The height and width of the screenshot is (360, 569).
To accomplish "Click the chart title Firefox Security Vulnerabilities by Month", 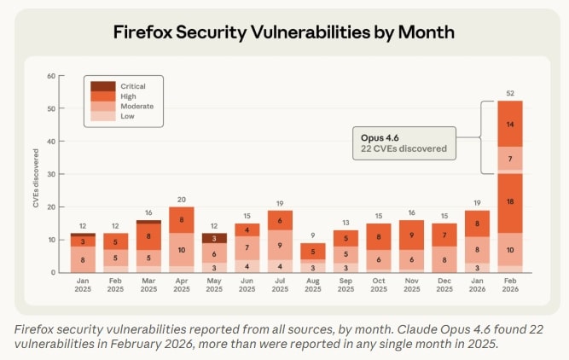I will (284, 32).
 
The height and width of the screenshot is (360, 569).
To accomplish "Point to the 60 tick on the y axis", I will (51, 76).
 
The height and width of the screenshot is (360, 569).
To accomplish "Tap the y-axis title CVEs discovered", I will (37, 175).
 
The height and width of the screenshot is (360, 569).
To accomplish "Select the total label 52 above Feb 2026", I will (509, 92).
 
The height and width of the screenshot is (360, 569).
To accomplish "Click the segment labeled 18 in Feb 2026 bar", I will (509, 201).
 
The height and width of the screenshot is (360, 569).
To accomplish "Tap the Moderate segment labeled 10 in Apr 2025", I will (181, 249).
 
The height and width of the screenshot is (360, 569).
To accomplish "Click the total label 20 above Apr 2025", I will (181, 199).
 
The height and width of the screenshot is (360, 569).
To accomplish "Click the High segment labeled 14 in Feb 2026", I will (509, 124).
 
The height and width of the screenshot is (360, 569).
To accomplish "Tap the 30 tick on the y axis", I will (51, 174).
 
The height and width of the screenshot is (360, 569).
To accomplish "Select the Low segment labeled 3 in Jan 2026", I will (477, 267).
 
